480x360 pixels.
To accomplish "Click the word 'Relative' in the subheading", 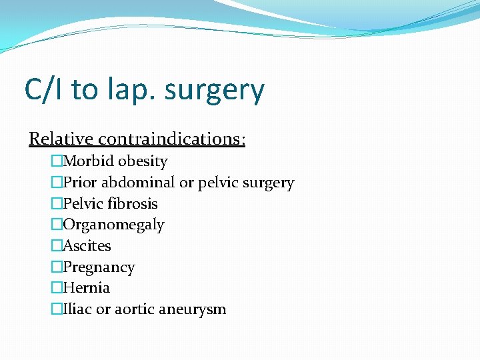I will click(61, 139).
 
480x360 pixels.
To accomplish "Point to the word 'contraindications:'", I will click(172, 139).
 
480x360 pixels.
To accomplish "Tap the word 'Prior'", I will click(81, 183).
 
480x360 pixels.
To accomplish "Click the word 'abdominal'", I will click(138, 183).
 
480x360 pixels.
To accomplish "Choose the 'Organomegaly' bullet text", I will click(113, 225).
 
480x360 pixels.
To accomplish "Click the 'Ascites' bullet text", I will click(87, 246).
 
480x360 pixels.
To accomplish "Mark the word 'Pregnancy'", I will click(99, 267).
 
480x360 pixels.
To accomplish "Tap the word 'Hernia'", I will click(86, 288).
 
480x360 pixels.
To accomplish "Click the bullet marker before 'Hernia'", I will click(57, 288).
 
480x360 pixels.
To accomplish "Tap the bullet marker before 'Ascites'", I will click(57, 246).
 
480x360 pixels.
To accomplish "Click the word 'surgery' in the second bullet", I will click(269, 183).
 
